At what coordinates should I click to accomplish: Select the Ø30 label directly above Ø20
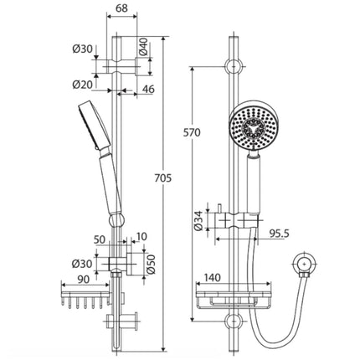[82, 49]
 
